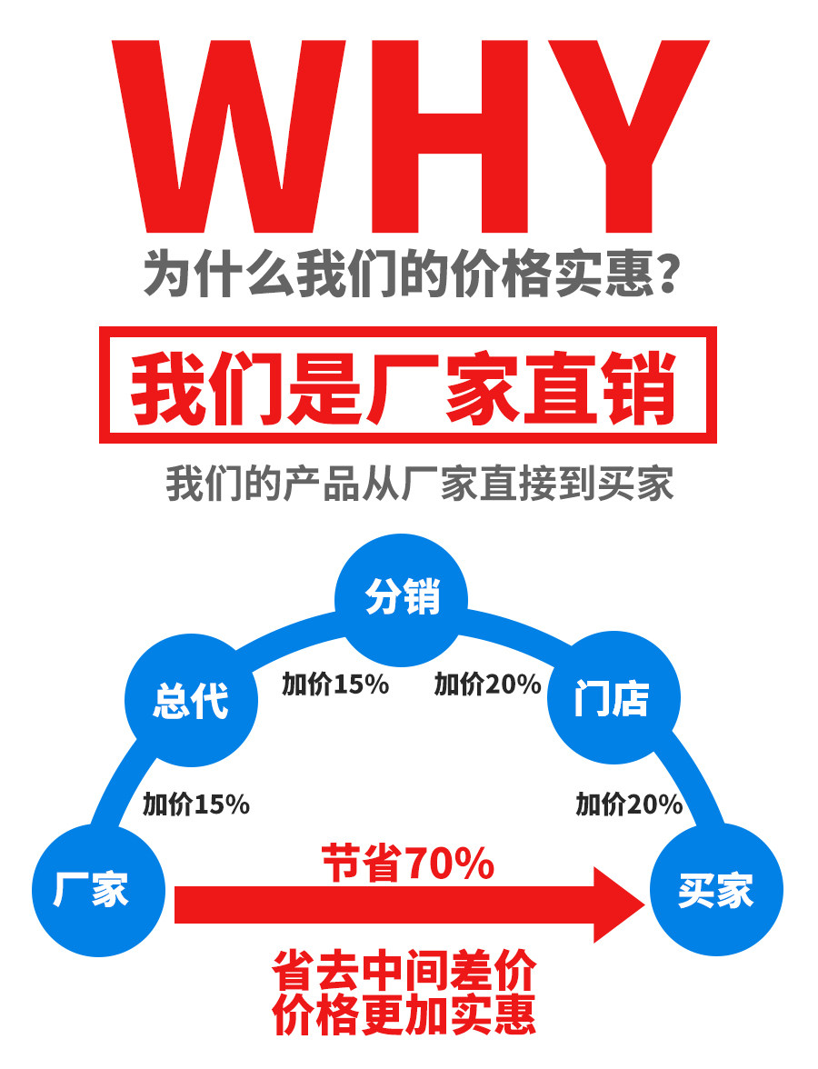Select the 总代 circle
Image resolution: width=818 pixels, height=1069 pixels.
[191, 701]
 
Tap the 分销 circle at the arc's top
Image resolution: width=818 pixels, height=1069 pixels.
[402, 599]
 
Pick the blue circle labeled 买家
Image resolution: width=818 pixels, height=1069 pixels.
[716, 889]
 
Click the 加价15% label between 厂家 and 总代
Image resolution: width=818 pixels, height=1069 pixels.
[195, 804]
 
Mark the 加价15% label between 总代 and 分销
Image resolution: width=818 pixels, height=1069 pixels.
[334, 684]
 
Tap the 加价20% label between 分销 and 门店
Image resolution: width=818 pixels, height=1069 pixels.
[487, 684]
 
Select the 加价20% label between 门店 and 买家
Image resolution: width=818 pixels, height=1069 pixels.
[629, 804]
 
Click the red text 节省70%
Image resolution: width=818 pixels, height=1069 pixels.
[408, 864]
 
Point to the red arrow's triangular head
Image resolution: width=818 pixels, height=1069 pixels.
[618, 904]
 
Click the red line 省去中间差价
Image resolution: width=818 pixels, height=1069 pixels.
[404, 973]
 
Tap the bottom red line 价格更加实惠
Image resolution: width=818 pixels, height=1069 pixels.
[404, 1016]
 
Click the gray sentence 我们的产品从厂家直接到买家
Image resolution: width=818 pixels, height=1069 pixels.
[419, 484]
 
